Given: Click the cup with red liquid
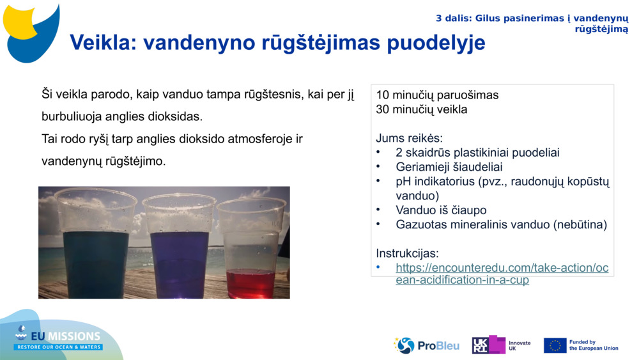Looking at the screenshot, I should click(x=250, y=249).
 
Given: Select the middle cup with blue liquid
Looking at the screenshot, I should click(x=179, y=246).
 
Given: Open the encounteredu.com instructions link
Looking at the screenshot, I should click(x=502, y=274).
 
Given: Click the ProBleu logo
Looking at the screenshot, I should click(x=426, y=345).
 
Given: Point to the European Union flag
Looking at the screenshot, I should click(x=555, y=345).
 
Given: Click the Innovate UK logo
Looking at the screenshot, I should click(x=502, y=345).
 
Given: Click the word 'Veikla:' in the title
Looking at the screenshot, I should click(x=103, y=42).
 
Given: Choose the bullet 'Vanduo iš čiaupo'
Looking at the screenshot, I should click(x=441, y=210).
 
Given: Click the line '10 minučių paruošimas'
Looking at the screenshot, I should click(x=437, y=95).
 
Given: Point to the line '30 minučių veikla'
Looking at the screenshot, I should click(x=422, y=109).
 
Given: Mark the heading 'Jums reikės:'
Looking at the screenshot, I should click(x=409, y=138).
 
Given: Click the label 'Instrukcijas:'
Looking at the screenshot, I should click(x=407, y=253).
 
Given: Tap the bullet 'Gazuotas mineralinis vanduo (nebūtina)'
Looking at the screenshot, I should click(x=501, y=224).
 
